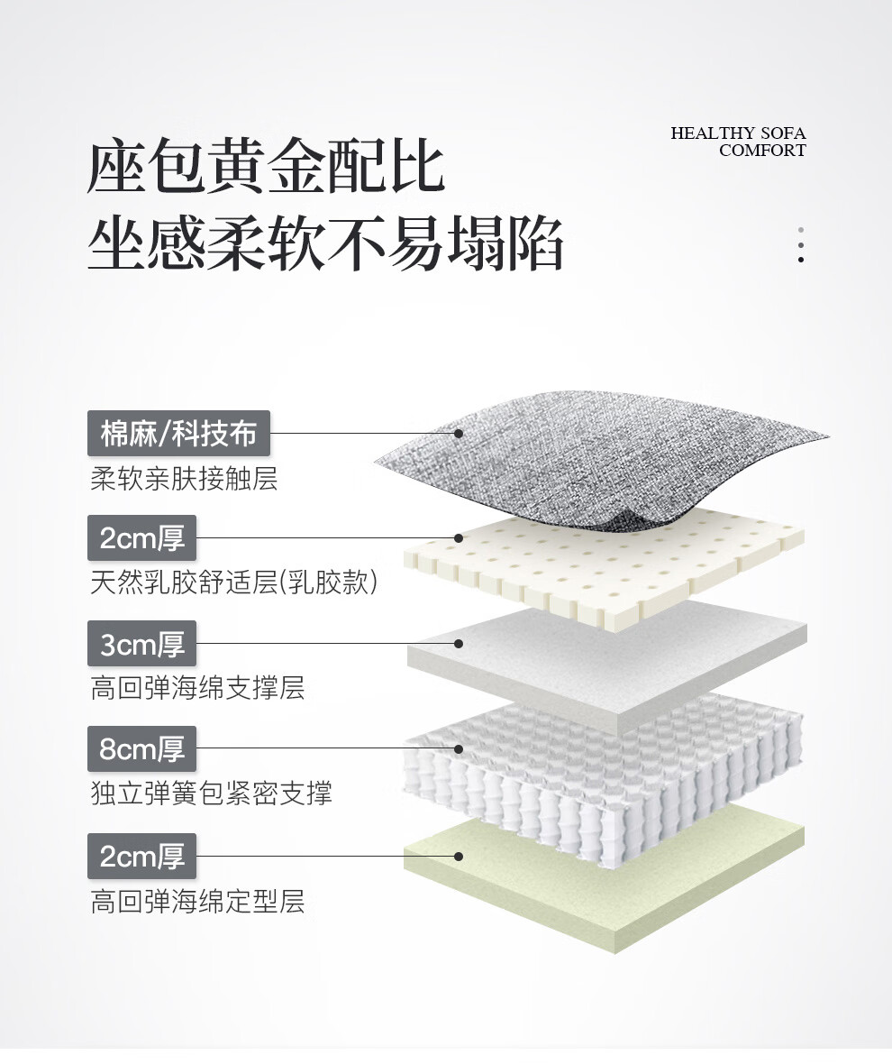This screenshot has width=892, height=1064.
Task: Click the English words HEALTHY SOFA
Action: (x=738, y=133)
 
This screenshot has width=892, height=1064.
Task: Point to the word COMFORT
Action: (x=762, y=151)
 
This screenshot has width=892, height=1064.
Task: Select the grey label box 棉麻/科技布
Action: (x=178, y=434)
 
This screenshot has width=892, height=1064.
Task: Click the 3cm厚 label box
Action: (x=141, y=644)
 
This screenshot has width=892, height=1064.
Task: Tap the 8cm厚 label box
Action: (x=141, y=748)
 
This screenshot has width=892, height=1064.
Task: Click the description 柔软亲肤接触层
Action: (x=184, y=478)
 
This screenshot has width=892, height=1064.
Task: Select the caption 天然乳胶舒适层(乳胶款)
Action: (x=233, y=582)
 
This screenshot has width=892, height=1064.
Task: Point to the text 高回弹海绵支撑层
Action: (x=197, y=688)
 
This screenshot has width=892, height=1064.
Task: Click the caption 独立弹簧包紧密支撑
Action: (x=211, y=793)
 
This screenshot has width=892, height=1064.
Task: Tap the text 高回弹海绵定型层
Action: (x=197, y=901)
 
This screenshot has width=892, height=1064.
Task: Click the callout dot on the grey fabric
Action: (x=459, y=434)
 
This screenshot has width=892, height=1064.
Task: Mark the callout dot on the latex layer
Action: (x=459, y=538)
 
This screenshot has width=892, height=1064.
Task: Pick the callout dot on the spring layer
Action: (x=459, y=748)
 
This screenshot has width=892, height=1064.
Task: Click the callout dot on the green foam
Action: (x=459, y=856)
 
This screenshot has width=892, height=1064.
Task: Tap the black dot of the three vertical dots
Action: (x=800, y=260)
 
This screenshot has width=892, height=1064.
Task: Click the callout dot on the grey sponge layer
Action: (x=459, y=644)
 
